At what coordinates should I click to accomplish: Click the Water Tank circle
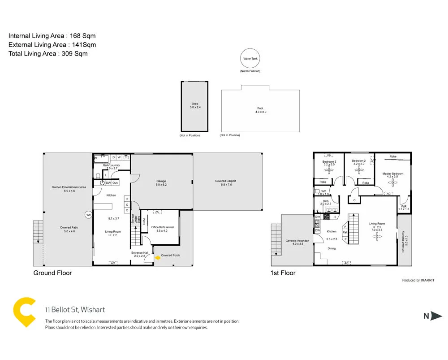[250, 59]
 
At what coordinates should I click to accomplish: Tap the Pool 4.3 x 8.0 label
[260, 110]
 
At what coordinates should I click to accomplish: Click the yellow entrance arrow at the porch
[157, 257]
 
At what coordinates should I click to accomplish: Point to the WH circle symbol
[89, 215]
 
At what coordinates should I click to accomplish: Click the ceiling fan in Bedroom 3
[329, 170]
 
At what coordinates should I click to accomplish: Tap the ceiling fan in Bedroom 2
[358, 170]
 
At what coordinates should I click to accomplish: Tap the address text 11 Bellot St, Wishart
[75, 310]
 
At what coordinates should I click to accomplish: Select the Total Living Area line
[48, 53]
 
